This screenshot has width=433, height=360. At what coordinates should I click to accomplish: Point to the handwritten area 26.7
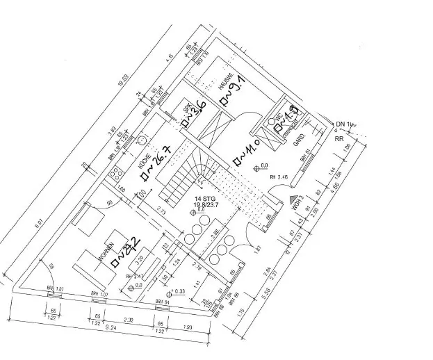click(158, 161)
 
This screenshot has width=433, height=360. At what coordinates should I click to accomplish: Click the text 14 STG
click(206, 199)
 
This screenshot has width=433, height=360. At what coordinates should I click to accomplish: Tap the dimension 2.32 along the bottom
click(129, 319)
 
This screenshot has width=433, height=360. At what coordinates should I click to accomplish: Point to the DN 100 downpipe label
click(345, 124)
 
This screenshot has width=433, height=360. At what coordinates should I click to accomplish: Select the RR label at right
click(341, 138)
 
